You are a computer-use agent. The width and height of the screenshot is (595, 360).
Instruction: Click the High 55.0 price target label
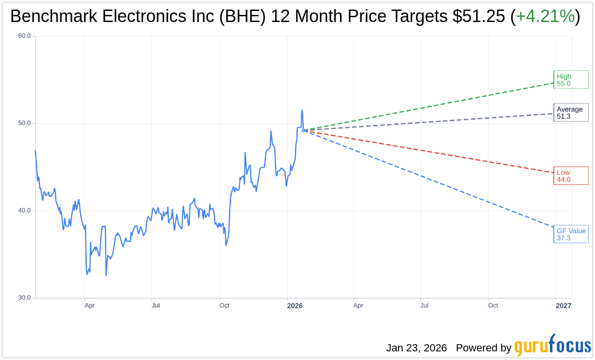coord(571,79)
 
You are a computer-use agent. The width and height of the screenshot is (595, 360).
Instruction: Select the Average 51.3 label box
coord(571,112)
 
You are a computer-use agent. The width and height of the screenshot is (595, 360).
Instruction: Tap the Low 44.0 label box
coord(571,176)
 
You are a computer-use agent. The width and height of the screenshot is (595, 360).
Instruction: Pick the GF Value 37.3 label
coord(571,234)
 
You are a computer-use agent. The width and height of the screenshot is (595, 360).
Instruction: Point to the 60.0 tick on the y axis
coord(24,36)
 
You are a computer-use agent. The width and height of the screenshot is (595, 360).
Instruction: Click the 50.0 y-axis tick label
coord(24,123)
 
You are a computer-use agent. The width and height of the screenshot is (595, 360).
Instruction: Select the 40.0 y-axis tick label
coord(24,211)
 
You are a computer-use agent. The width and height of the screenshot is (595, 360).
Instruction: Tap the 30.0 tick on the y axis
coord(24,298)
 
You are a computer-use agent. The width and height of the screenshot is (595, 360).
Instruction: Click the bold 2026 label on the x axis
coord(295,305)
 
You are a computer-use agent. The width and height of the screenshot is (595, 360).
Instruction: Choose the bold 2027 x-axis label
coord(563,305)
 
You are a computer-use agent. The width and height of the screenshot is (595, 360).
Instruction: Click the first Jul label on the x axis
coord(156,305)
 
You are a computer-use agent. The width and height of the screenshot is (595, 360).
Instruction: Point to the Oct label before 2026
coord(224,305)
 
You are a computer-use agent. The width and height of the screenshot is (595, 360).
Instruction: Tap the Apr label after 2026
coord(358,305)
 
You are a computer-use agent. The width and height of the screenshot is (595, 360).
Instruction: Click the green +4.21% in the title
coord(545,17)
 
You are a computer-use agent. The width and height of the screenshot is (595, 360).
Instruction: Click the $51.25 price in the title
coord(479,17)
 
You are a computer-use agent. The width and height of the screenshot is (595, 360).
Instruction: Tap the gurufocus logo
coord(552,346)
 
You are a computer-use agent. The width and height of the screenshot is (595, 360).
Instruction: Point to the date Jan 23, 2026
coord(416,348)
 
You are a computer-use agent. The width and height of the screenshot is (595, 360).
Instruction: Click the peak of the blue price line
coord(302,111)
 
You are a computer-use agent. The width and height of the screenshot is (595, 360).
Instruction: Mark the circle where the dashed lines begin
coord(303,130)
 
